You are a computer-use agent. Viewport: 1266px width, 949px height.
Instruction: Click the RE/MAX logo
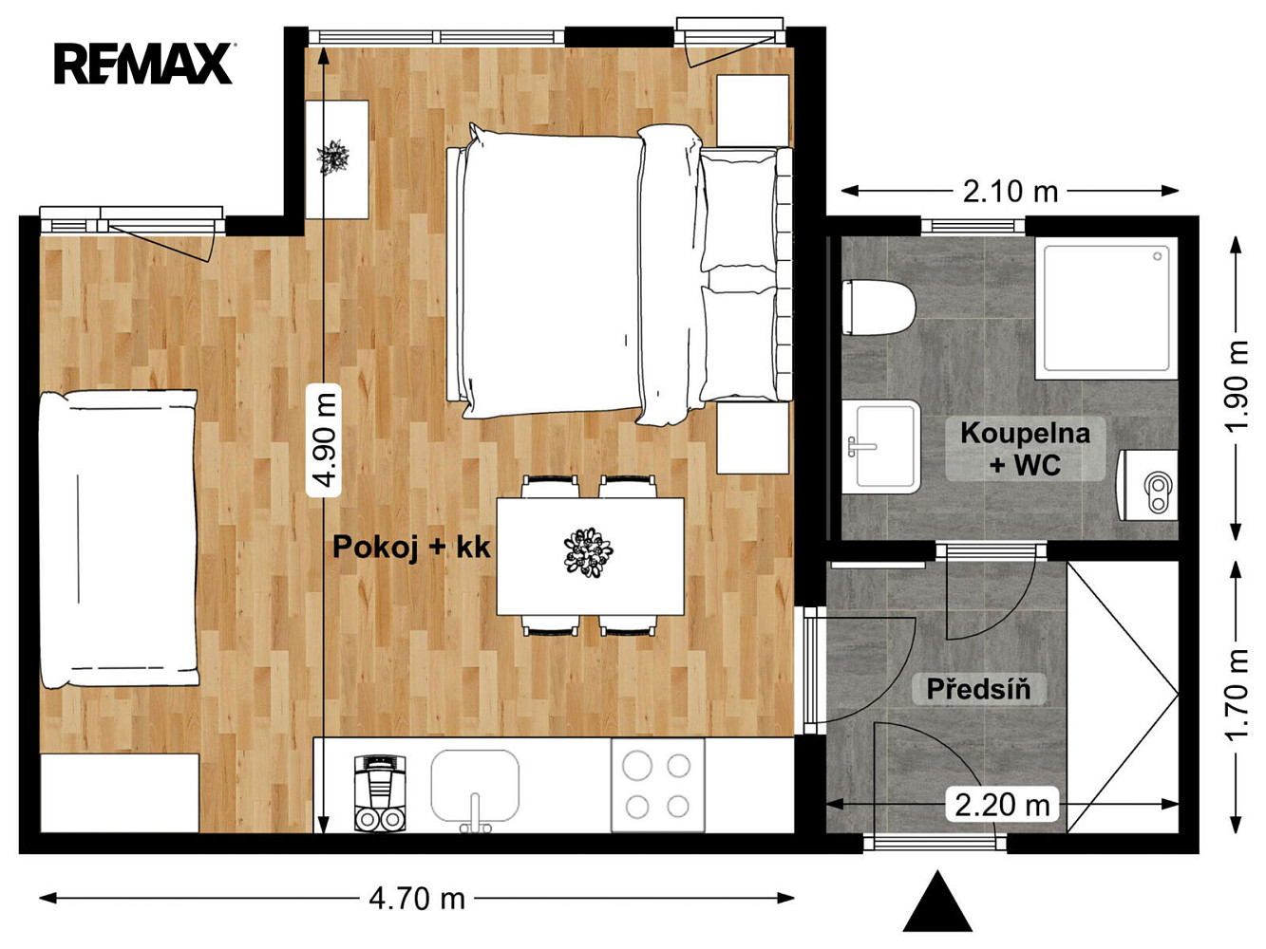click(143, 64)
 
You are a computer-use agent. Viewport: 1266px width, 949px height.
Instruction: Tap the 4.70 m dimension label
click(416, 898)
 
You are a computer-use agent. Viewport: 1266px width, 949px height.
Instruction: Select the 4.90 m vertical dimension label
click(324, 439)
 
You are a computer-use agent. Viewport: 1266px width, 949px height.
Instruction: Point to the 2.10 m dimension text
click(1010, 192)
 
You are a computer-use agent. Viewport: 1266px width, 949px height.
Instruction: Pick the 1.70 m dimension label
click(1236, 695)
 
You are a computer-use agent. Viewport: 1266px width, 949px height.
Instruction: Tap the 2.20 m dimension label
click(1001, 805)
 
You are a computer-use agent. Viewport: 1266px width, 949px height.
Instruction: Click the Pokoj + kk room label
click(411, 547)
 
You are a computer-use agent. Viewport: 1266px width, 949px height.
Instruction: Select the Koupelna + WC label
click(1025, 449)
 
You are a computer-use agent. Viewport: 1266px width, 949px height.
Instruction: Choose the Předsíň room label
click(978, 689)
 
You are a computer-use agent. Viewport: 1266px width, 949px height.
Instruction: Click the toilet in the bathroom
click(878, 307)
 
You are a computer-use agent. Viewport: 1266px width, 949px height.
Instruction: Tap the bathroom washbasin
click(880, 447)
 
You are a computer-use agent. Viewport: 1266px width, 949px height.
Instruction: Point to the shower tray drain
click(1157, 256)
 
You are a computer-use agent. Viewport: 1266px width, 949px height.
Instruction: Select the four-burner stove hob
click(657, 785)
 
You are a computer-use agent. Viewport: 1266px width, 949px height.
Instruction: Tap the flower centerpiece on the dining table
click(588, 552)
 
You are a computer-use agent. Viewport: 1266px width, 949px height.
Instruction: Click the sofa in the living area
click(118, 539)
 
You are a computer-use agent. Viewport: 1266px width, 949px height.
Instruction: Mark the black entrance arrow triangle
click(937, 902)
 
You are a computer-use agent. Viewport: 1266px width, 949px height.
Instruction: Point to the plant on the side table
click(332, 157)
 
